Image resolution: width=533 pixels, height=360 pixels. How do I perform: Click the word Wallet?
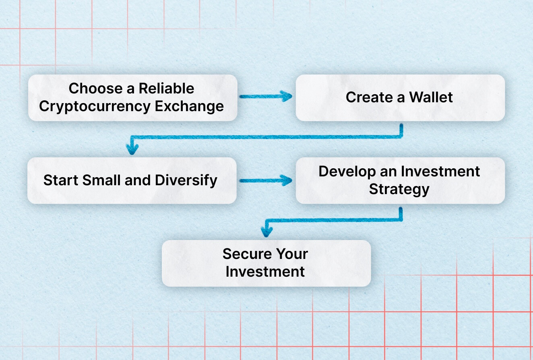coord(431,97)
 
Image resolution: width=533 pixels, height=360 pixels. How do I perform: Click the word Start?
coord(61,180)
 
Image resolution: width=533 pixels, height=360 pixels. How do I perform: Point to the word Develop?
coord(347,172)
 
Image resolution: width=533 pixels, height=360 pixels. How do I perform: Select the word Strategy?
coord(399,189)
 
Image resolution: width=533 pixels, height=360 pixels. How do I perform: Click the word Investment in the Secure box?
coord(265,271)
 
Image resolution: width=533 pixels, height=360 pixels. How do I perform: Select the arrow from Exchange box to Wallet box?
coord(266,97)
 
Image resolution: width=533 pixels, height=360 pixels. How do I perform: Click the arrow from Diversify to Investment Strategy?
coord(266,180)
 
